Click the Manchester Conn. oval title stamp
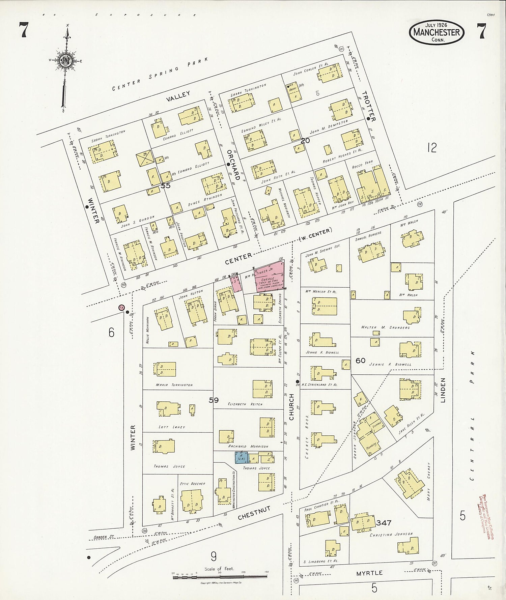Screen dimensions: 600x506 437,32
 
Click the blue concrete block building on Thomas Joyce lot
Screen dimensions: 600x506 242,458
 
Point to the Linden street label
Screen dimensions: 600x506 443,390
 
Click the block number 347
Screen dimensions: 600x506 384,523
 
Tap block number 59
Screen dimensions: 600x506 214,400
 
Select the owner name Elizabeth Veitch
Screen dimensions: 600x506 245,404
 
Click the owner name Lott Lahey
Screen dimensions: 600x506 172,427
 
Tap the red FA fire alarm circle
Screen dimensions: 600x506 121,307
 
